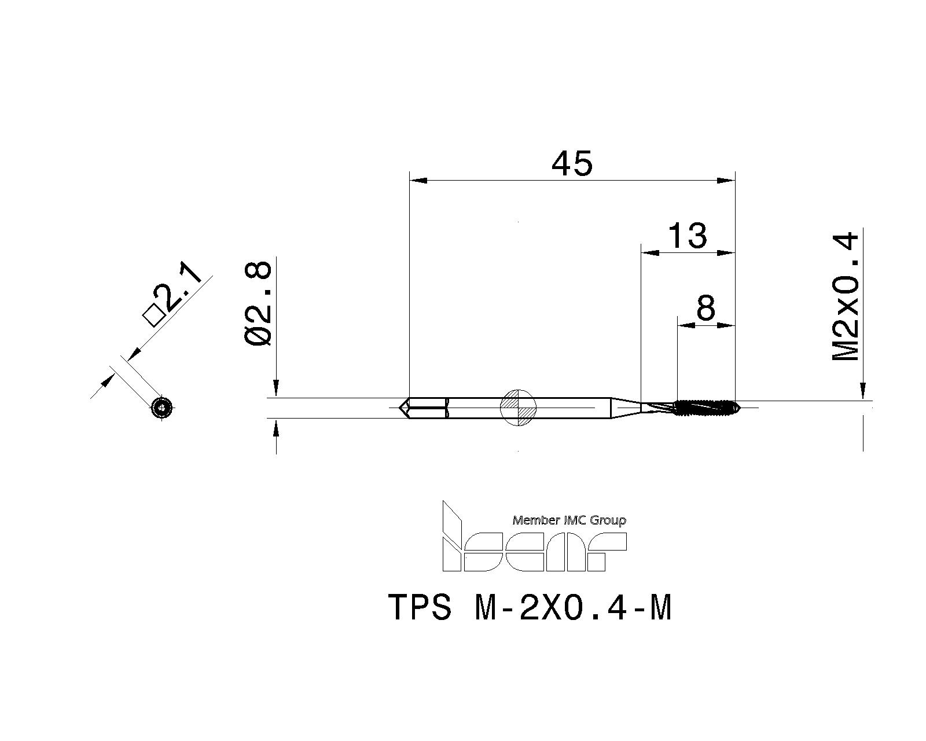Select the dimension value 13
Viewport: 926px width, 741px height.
(688, 236)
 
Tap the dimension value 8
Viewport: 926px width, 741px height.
(706, 309)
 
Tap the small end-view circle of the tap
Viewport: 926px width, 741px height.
(162, 409)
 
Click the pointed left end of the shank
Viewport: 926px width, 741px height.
(403, 408)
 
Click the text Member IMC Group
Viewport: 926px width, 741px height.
(569, 520)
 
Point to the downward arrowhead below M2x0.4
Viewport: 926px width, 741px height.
(863, 391)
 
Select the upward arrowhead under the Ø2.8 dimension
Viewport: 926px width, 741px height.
(276, 429)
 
